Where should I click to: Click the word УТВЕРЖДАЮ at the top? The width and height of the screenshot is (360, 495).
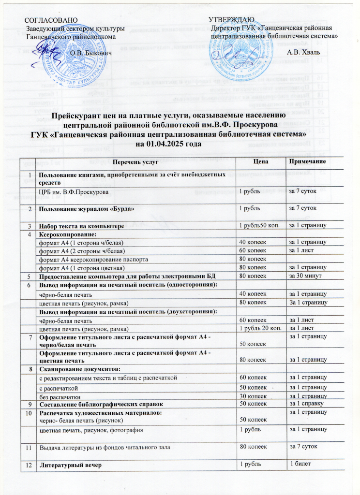228,20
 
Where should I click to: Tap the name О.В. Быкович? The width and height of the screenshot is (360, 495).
91,52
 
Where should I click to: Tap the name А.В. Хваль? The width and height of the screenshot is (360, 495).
303,52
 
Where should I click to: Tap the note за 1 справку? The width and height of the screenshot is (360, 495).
306,404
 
